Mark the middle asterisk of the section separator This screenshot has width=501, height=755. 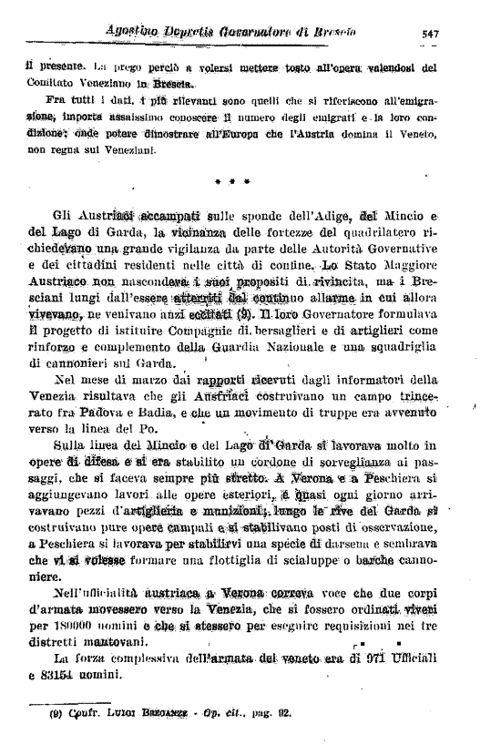(x=232, y=182)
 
